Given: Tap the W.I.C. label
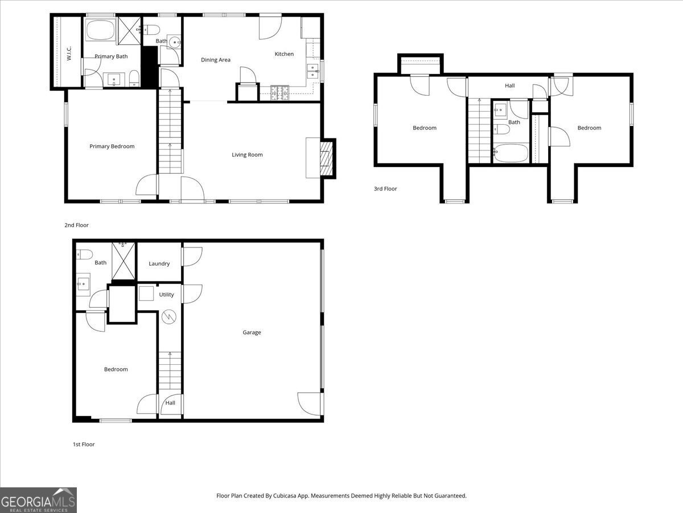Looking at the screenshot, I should coord(68,54).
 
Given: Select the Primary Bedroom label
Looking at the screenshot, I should coord(112,146).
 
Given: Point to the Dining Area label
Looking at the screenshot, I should coord(216,60).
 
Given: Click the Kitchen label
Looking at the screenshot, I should coord(284,54).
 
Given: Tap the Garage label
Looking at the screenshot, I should coord(252,332).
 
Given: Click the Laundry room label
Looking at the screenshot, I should coord(159,264).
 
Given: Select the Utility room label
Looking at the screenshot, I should coord(166,295).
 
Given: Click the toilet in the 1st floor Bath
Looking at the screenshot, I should coord(84,254).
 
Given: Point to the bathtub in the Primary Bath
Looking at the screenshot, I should coord(101,30).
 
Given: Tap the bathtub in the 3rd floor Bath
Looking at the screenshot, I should coord(510,153).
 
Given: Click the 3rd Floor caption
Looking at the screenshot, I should coord(385,189).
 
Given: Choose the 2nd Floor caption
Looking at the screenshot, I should coord(76,225).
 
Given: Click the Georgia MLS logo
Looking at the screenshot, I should coord(38,500).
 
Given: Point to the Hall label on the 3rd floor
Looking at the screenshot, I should coord(509,85).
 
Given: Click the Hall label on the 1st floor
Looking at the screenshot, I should coord(170,403).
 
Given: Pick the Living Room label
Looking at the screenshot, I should coord(247,154).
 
